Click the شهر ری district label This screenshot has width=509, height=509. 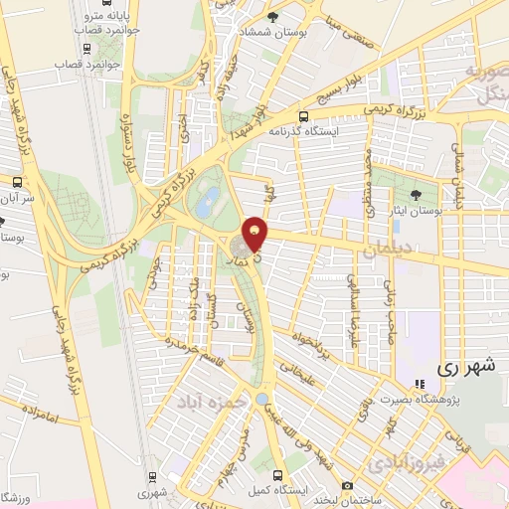tap(466, 367)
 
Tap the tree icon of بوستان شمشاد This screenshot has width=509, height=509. tap(272, 16)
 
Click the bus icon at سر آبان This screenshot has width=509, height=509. tap(17, 181)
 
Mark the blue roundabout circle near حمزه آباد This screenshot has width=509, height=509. tap(260, 399)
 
